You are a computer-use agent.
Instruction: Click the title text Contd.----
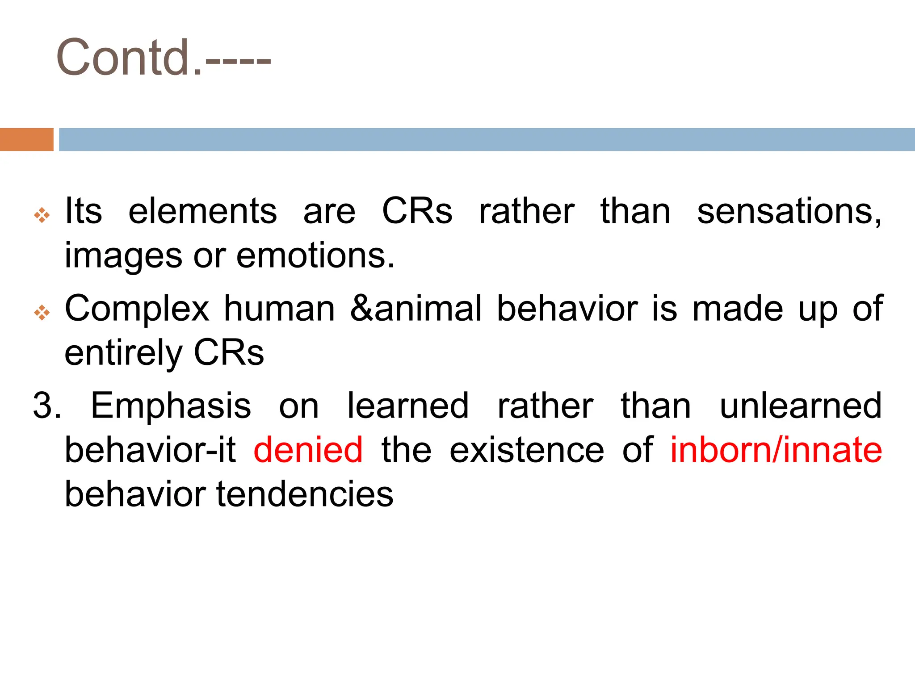click(163, 58)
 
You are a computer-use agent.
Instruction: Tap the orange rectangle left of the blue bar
click(26, 139)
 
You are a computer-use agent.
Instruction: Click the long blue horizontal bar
click(487, 139)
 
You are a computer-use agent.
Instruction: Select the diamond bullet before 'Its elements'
click(42, 215)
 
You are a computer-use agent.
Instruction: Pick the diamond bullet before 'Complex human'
click(42, 312)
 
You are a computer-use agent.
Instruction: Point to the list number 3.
click(46, 406)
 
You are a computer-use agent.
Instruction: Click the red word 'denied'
click(308, 450)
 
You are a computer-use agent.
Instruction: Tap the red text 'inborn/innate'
click(776, 450)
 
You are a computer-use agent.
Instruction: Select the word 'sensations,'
click(789, 211)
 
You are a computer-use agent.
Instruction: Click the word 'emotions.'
click(315, 255)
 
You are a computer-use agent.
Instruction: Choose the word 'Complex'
click(137, 309)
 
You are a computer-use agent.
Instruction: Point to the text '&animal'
click(416, 309)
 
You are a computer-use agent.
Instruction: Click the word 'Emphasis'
click(171, 406)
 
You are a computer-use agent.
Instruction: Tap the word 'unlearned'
click(801, 406)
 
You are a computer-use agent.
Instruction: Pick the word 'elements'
click(202, 211)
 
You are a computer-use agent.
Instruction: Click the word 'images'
click(123, 255)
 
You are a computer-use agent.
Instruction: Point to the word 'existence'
click(527, 450)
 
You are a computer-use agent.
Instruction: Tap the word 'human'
click(279, 309)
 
